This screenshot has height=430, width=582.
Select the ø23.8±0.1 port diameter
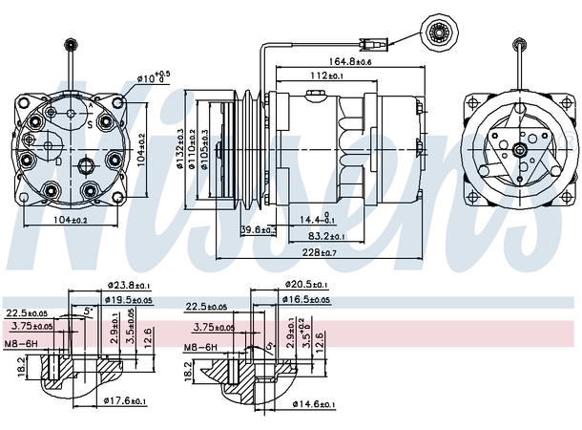(128, 285)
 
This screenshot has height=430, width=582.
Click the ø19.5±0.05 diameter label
(127, 299)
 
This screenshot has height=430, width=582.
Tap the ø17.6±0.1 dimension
(124, 401)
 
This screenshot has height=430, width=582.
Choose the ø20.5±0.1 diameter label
(306, 285)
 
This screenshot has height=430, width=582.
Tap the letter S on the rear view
(88, 124)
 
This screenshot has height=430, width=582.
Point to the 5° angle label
(89, 310)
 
